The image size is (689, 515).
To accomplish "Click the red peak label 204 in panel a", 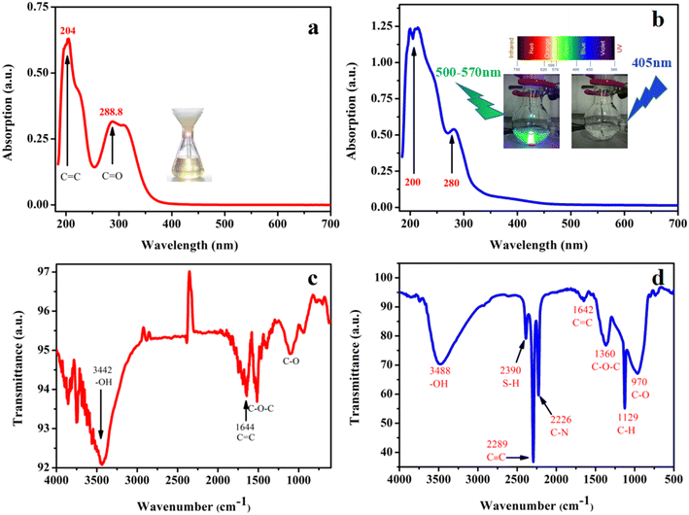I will (67, 30).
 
